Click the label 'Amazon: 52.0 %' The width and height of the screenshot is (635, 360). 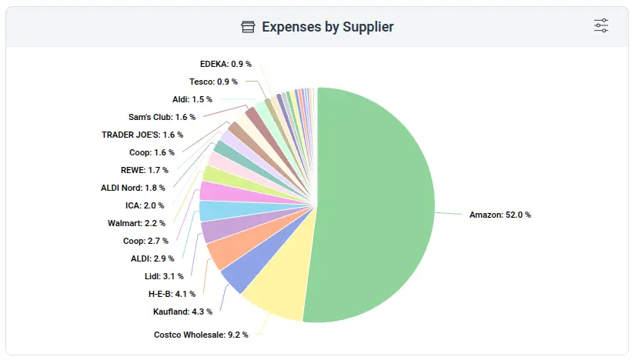tap(500, 215)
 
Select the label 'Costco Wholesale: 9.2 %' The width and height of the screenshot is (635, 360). tap(201, 335)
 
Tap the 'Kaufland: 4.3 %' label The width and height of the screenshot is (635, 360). tap(182, 312)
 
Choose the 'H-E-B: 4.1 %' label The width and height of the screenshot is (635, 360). tap(172, 294)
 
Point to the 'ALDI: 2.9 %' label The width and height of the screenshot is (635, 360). tap(152, 258)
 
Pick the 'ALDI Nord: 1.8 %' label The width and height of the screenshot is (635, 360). tap(132, 188)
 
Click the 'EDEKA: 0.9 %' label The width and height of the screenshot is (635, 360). tap(225, 64)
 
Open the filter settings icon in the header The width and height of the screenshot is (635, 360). tap(601, 25)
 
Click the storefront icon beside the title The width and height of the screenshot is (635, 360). tap(248, 27)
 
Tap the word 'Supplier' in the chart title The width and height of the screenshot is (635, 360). tap(366, 27)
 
